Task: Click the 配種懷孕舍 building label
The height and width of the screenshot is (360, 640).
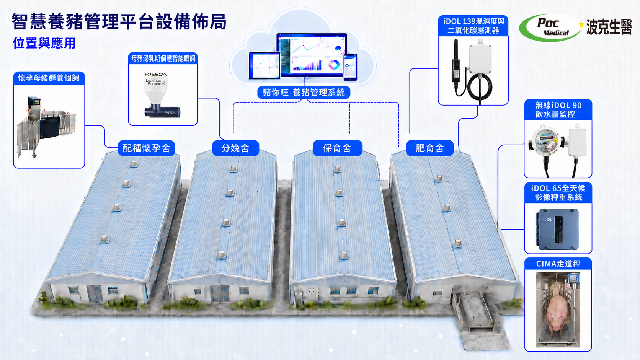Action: point(146,148)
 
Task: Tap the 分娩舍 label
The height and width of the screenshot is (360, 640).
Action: point(235,148)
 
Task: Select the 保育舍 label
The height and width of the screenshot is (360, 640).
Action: point(338,148)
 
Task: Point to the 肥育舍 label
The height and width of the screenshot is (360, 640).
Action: point(430,148)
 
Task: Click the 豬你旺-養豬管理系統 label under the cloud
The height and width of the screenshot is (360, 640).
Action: point(304,93)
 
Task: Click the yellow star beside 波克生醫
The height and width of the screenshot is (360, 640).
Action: point(581,24)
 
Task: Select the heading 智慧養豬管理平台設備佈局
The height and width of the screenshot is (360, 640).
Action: point(119,22)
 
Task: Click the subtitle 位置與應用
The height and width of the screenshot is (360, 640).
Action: point(44,43)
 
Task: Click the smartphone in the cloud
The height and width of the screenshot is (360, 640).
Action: point(350,67)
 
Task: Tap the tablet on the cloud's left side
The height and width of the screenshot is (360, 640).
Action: point(264,65)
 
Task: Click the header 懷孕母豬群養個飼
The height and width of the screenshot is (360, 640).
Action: point(49,78)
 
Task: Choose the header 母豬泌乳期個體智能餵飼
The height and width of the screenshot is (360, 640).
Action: point(163,59)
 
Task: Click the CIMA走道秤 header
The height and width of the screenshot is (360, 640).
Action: point(558,264)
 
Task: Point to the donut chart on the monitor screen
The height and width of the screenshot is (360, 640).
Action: point(334,65)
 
